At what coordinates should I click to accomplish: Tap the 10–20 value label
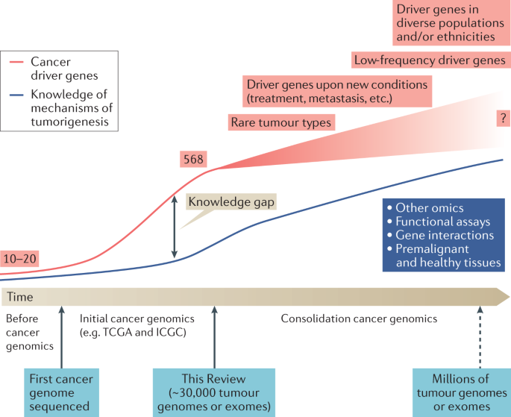click(x=19, y=260)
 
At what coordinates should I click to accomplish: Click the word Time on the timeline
click(x=20, y=297)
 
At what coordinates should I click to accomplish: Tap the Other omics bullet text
click(x=430, y=207)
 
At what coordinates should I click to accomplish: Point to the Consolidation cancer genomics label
click(x=359, y=319)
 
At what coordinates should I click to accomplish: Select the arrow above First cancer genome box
click(x=61, y=336)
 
